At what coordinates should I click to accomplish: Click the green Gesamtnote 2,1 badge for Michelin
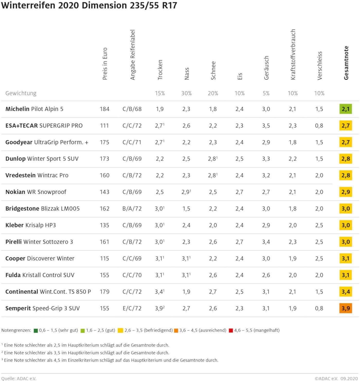click(346, 109)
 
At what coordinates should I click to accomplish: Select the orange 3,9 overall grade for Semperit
click(346, 308)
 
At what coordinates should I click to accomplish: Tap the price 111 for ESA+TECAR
click(104, 126)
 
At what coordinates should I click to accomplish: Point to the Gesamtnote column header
click(346, 63)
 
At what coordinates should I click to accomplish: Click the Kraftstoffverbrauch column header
click(293, 54)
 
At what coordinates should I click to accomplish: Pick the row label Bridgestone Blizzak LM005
click(42, 209)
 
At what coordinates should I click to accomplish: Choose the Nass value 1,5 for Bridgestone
click(186, 209)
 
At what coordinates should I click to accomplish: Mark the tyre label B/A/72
click(132, 209)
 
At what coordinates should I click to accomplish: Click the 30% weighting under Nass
click(186, 93)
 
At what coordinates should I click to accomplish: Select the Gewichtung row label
click(21, 93)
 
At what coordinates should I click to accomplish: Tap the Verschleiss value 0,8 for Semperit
click(319, 308)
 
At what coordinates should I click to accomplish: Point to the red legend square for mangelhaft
click(231, 331)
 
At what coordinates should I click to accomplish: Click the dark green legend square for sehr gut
click(36, 331)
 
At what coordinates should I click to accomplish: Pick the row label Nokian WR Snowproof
click(36, 192)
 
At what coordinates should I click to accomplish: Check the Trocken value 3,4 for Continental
click(159, 292)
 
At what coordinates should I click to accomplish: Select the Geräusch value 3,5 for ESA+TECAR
click(266, 126)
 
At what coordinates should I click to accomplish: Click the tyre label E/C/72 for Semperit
click(132, 308)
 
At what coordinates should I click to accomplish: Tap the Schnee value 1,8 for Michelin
click(213, 109)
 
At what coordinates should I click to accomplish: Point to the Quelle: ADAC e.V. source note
click(19, 378)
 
